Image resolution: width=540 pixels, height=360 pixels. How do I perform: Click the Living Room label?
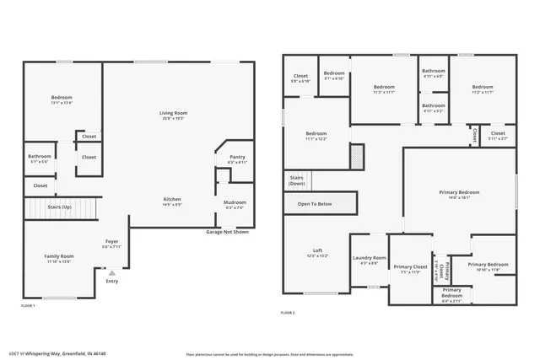(x=172, y=114)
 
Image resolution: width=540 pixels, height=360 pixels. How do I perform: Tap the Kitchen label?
(x=172, y=200)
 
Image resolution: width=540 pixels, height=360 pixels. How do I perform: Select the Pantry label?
(x=237, y=158)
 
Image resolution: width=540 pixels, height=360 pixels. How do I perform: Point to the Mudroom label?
(x=235, y=203)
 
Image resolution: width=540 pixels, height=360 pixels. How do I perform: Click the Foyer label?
(x=111, y=243)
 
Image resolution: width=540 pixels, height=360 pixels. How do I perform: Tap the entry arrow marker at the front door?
(x=111, y=273)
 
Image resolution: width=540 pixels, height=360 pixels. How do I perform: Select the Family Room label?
(x=59, y=257)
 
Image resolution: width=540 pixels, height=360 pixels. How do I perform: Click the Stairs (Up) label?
(x=59, y=206)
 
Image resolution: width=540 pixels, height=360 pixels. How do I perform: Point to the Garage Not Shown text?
(x=228, y=232)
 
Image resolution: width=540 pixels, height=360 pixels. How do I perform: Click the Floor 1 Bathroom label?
(x=40, y=157)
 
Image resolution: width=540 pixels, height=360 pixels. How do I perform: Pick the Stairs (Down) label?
(x=297, y=180)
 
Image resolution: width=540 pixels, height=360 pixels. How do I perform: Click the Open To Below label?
(x=314, y=204)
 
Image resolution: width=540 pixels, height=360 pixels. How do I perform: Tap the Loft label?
(x=317, y=251)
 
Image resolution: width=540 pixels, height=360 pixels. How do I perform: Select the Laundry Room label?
(x=369, y=259)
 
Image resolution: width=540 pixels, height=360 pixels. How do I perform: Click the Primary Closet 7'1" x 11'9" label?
(x=409, y=269)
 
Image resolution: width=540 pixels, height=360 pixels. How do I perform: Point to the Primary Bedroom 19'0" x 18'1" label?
(x=459, y=195)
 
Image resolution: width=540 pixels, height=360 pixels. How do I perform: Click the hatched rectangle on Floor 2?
(x=356, y=156)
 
